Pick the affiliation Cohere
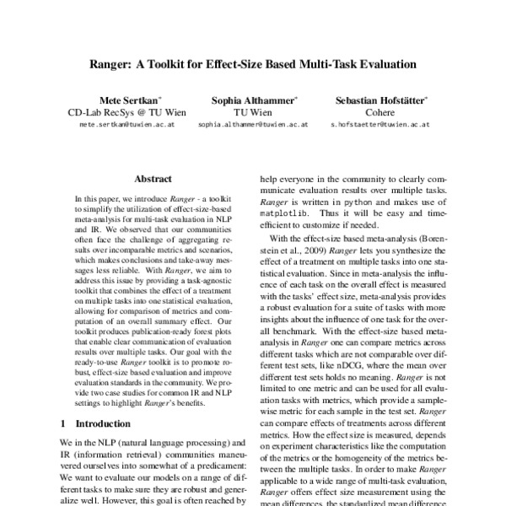[x=379, y=111]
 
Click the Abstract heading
[x=153, y=179]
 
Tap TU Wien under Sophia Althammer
[x=252, y=111]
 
